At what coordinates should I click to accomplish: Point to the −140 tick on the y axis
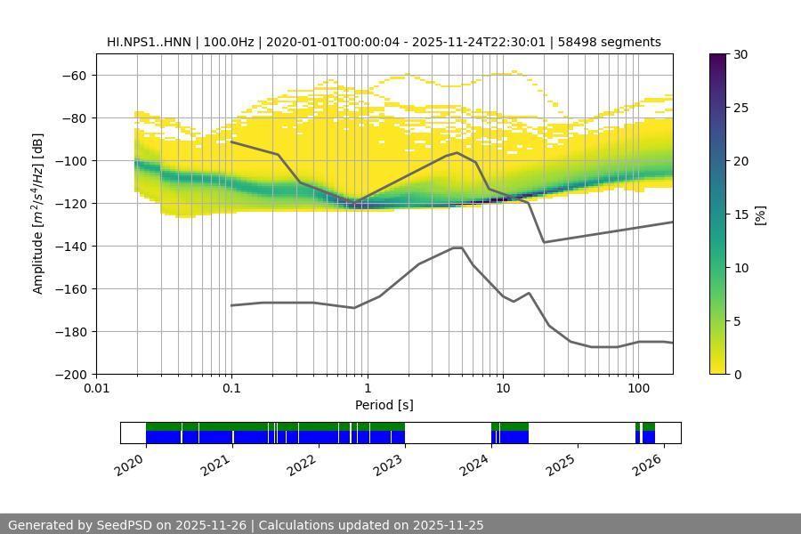click(73, 246)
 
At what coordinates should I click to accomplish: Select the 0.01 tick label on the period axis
click(96, 389)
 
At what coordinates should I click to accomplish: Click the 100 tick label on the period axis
click(637, 389)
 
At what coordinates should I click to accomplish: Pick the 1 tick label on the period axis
click(367, 389)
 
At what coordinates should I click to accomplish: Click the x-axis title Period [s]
click(384, 405)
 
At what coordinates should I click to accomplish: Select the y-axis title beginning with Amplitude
click(38, 214)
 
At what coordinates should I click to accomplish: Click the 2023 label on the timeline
click(389, 462)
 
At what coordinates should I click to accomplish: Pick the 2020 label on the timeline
click(130, 462)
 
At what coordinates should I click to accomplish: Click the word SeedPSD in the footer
click(126, 525)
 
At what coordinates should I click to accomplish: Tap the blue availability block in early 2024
click(509, 437)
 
